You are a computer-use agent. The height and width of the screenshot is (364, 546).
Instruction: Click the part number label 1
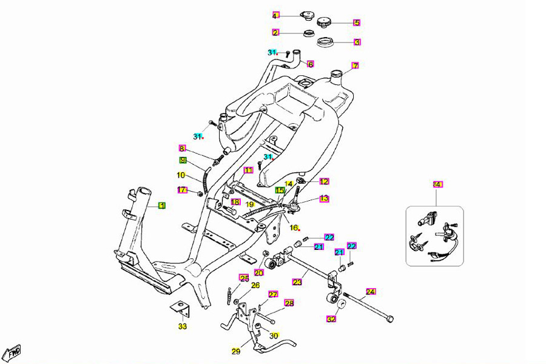pos(162,206)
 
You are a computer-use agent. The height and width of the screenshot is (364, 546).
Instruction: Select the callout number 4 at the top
pos(275,16)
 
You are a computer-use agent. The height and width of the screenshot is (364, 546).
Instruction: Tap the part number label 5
pos(357,23)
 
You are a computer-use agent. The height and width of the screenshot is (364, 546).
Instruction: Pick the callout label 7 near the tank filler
pos(356,66)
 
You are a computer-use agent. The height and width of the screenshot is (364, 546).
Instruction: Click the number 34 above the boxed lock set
pos(437,184)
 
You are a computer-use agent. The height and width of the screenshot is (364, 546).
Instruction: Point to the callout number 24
pos(371,291)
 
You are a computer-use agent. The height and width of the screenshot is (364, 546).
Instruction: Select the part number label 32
pos(331,318)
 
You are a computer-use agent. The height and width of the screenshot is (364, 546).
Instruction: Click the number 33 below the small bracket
pos(183,327)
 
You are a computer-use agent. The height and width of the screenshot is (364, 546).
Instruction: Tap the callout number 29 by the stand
pos(236,351)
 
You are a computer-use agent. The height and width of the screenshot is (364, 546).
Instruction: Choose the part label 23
pos(297,282)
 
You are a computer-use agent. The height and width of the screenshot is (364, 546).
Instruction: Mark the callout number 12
pos(324,181)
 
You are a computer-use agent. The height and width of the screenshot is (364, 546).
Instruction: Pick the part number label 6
pos(310,64)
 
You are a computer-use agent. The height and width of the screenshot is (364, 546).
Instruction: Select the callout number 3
pos(357,42)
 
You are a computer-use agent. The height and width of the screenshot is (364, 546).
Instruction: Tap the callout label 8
pos(181,148)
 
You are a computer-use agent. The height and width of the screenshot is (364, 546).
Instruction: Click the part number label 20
pos(259,272)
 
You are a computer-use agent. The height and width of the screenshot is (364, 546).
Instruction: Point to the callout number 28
pos(289,303)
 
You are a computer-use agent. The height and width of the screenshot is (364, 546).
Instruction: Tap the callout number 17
pos(181,190)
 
